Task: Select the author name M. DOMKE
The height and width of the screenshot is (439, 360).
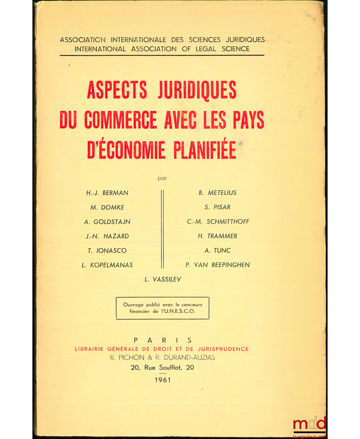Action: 107,207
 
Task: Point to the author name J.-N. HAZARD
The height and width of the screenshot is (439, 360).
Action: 107,236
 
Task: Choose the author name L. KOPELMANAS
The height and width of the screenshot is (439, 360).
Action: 107,265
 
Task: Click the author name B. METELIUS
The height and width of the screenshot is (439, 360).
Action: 218,193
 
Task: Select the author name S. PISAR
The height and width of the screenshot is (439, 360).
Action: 218,207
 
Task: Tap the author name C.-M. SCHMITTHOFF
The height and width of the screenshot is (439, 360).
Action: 218,222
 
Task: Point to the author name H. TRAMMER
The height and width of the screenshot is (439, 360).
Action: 218,236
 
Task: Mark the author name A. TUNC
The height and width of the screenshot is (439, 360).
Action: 218,251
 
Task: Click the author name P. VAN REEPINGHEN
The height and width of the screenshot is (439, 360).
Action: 218,265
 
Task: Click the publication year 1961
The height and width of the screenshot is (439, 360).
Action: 162,380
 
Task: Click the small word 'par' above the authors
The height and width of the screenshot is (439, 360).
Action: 162,178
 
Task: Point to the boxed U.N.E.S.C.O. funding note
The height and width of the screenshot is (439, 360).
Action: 162,308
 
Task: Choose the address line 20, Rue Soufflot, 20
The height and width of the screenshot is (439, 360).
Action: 162,367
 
